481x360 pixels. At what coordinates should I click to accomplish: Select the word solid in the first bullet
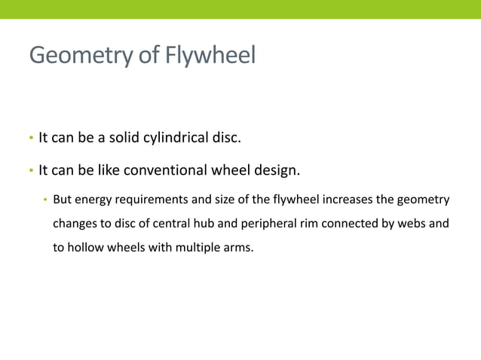tap(130, 139)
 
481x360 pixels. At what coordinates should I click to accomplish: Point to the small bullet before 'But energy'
tap(45, 200)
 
